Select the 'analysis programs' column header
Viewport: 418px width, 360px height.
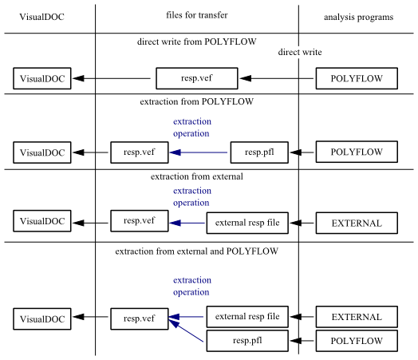click(359, 17)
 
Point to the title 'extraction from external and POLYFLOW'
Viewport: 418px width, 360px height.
click(196, 251)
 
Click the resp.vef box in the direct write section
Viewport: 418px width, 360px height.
click(195, 78)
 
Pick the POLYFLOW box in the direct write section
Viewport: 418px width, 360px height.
click(357, 78)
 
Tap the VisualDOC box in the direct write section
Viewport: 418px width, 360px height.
click(42, 78)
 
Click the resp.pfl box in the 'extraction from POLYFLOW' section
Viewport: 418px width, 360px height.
click(259, 152)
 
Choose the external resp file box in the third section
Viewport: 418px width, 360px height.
click(247, 224)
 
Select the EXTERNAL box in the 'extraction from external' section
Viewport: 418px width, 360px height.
click(357, 224)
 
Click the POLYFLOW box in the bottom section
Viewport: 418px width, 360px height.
click(357, 342)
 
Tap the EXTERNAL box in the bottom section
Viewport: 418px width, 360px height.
click(357, 317)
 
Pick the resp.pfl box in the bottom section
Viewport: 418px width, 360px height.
click(247, 342)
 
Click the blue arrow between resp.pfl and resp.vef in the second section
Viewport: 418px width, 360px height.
click(199, 152)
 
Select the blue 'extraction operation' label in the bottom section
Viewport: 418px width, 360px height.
click(191, 286)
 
